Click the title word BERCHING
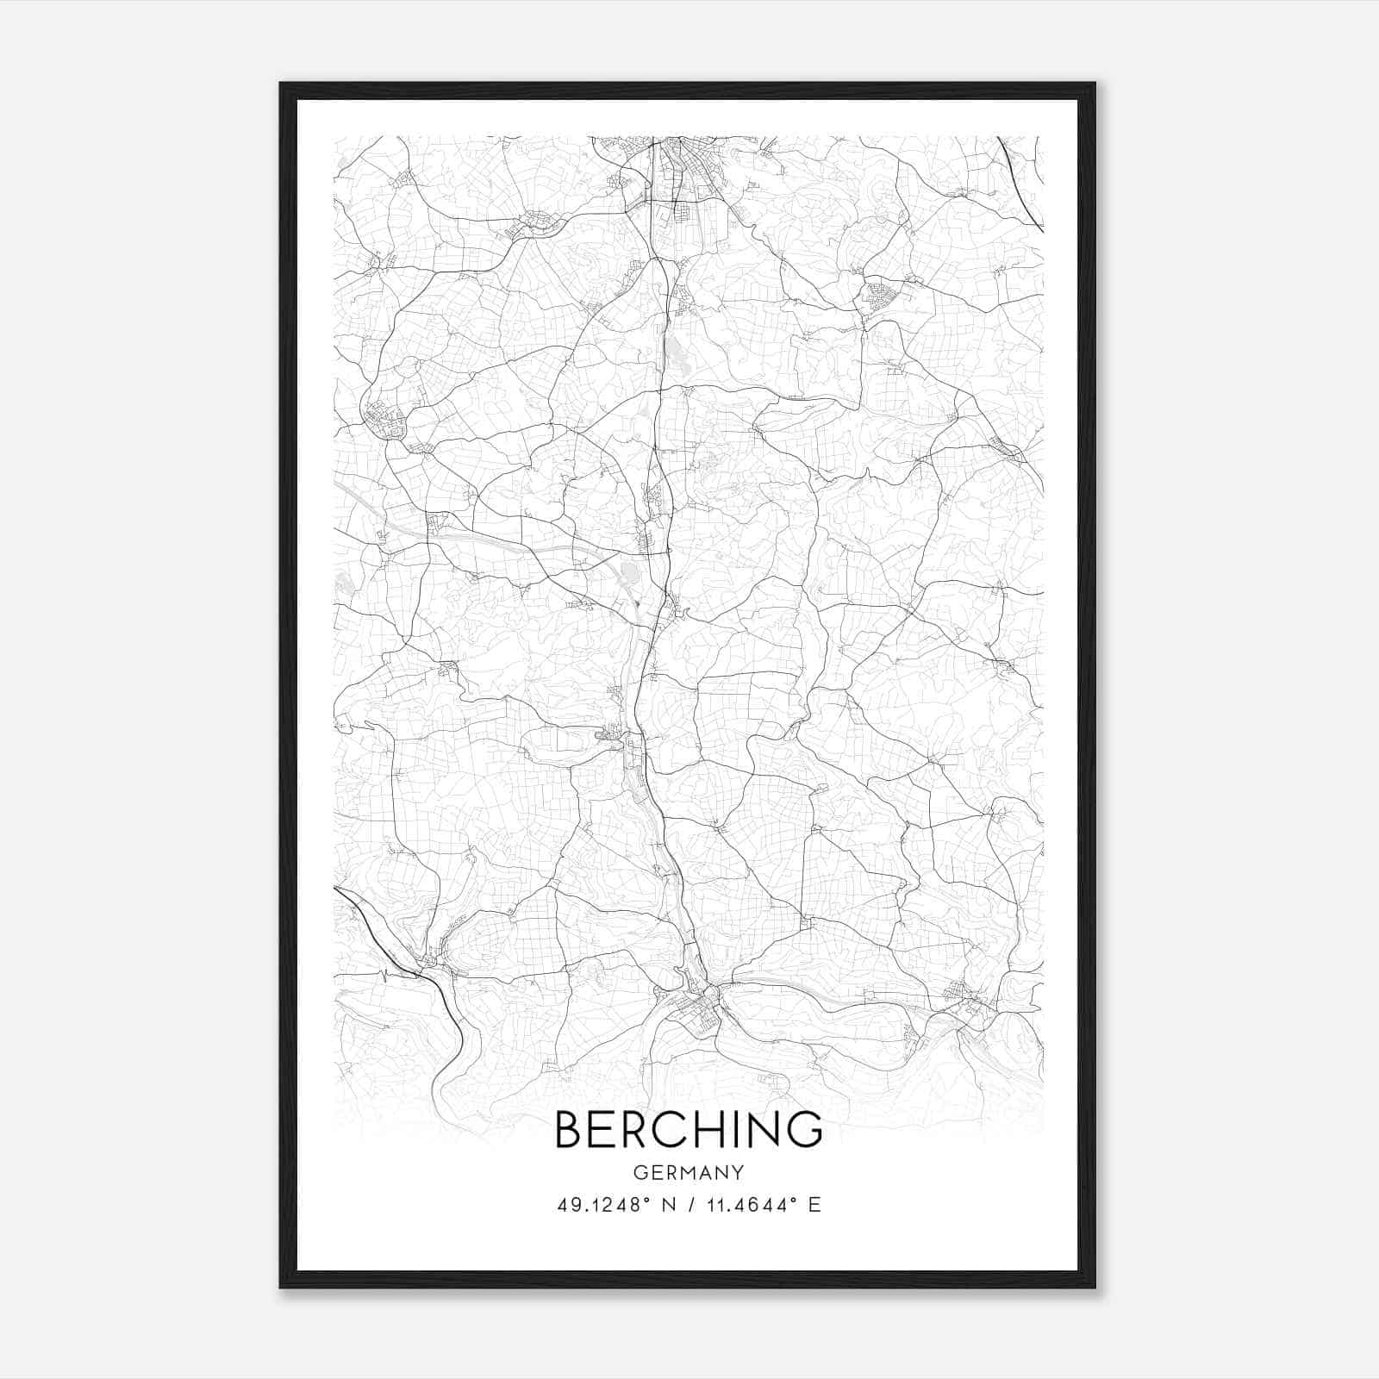(688, 1129)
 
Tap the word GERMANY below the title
(688, 1172)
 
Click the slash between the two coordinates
(688, 1205)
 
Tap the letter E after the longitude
(814, 1205)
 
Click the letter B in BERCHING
(569, 1129)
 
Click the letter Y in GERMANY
(738, 1172)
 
